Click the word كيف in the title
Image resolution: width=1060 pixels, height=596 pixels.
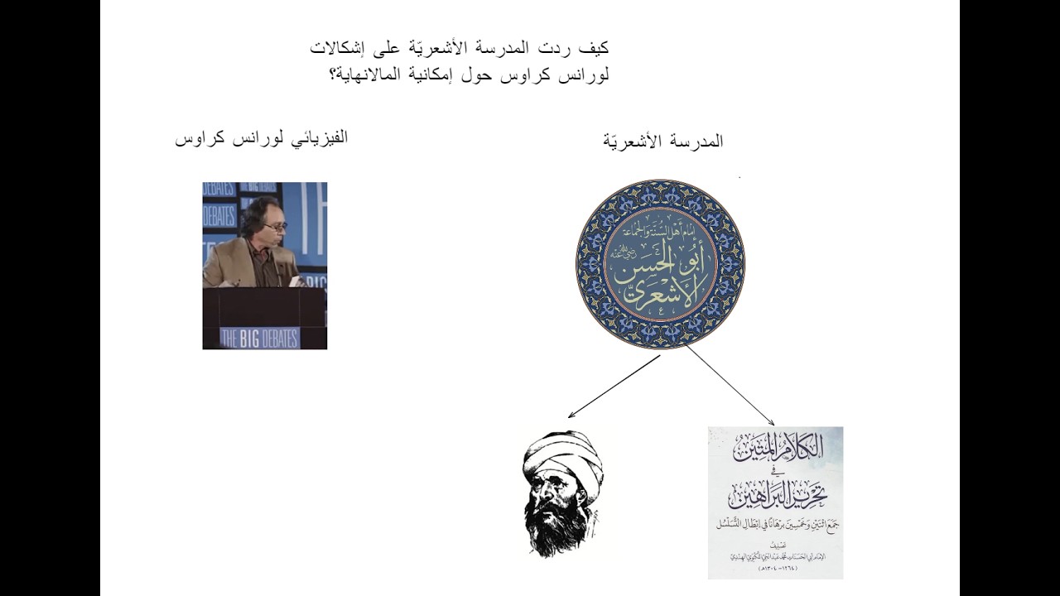(x=595, y=48)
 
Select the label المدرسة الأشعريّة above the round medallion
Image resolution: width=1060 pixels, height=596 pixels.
(x=662, y=142)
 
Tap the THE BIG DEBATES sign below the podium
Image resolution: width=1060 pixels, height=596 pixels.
(x=259, y=337)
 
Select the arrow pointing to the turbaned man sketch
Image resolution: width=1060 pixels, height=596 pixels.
(x=613, y=386)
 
